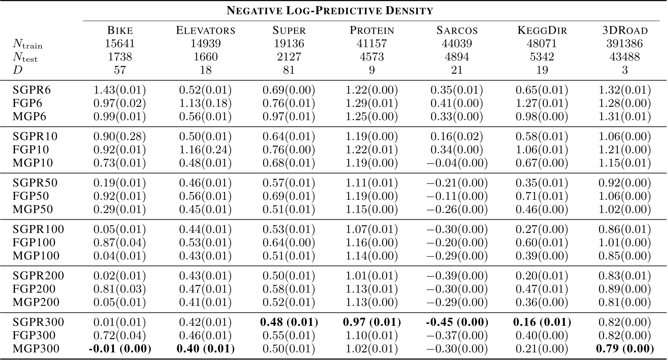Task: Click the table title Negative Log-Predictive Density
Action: [x=330, y=10]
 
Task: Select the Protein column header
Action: [x=372, y=30]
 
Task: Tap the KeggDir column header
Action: [x=542, y=30]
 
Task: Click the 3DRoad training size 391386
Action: [x=624, y=44]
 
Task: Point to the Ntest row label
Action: [x=25, y=58]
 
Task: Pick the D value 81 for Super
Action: [x=289, y=70]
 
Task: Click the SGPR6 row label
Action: [x=32, y=90]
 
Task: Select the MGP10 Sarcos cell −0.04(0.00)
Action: [x=457, y=163]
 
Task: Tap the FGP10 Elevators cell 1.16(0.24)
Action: [x=205, y=150]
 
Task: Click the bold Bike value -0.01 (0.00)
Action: [x=120, y=349]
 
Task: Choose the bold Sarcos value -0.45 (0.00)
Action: [x=457, y=322]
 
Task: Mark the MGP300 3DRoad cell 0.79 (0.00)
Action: [x=624, y=349]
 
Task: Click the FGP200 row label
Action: [x=34, y=289]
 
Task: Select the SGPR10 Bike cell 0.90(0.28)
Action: [x=120, y=136]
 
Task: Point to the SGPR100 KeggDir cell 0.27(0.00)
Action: [x=542, y=229]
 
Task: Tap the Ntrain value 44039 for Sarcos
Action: [x=457, y=44]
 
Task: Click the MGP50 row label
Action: [x=33, y=209]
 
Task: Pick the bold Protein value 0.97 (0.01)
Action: [x=372, y=322]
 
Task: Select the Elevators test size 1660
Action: [x=205, y=57]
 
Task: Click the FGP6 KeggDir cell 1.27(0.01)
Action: [x=542, y=104]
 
